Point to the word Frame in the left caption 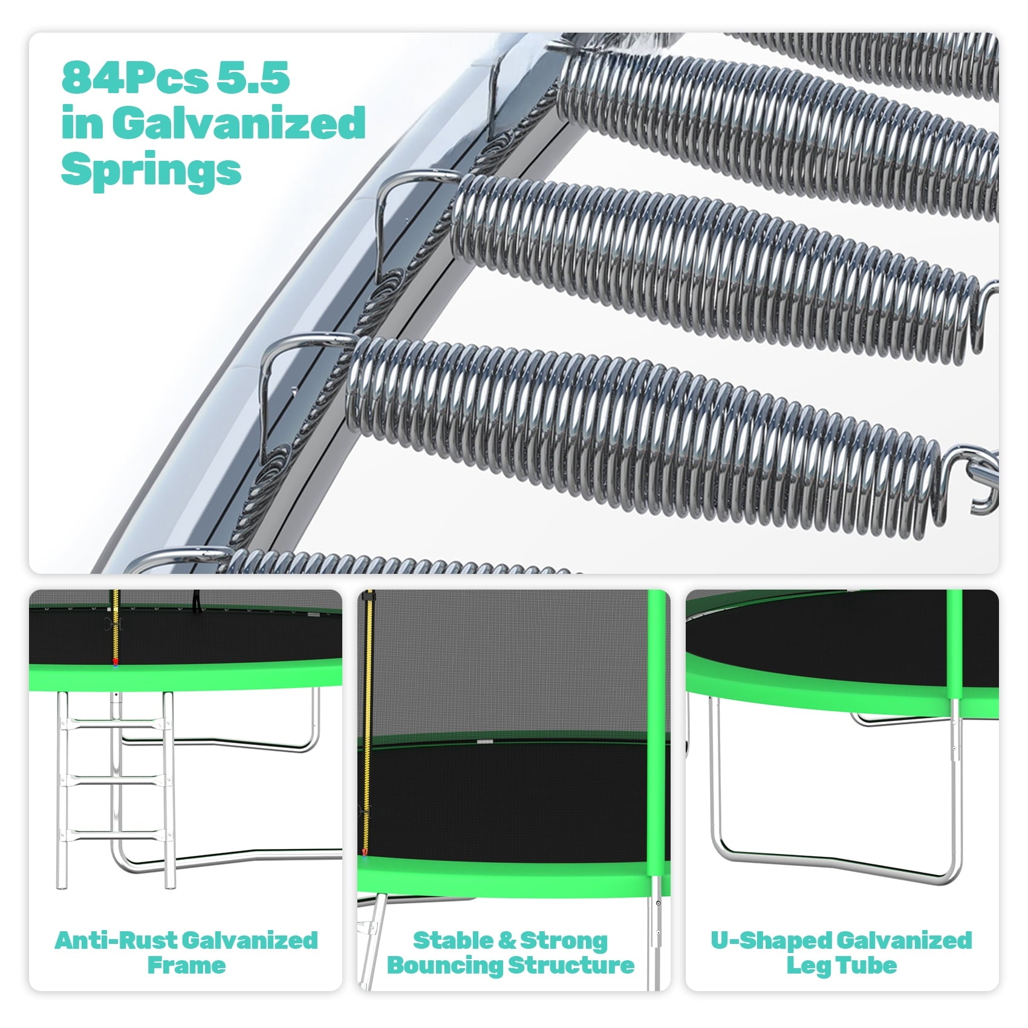click(x=186, y=966)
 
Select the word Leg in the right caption click(x=810, y=966)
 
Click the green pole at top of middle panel click(x=656, y=665)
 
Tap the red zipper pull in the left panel click(x=115, y=663)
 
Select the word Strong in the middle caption click(x=564, y=941)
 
